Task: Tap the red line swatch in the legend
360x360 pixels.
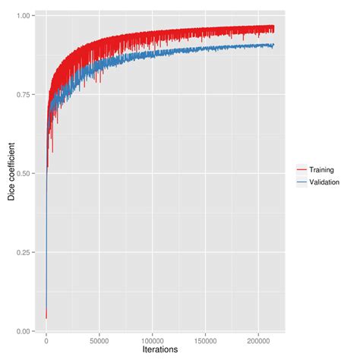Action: (x=301, y=170)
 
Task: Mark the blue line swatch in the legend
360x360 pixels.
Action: (x=301, y=182)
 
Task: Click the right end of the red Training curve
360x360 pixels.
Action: (x=274, y=29)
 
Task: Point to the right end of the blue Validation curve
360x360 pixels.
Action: (x=274, y=46)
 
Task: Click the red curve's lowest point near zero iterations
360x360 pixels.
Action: (x=46, y=318)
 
